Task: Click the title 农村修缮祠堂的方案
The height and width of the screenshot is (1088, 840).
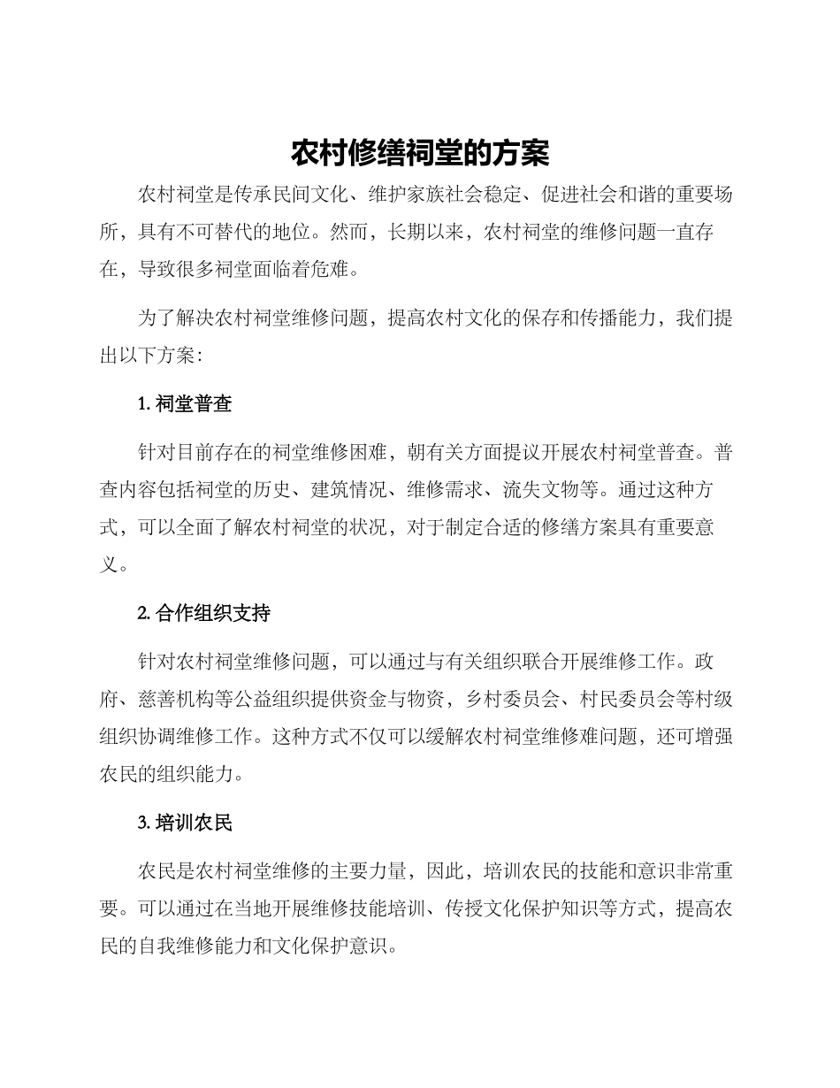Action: [420, 153]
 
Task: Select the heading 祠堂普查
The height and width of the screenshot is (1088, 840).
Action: [194, 404]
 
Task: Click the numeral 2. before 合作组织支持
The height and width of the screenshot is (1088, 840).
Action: [144, 614]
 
